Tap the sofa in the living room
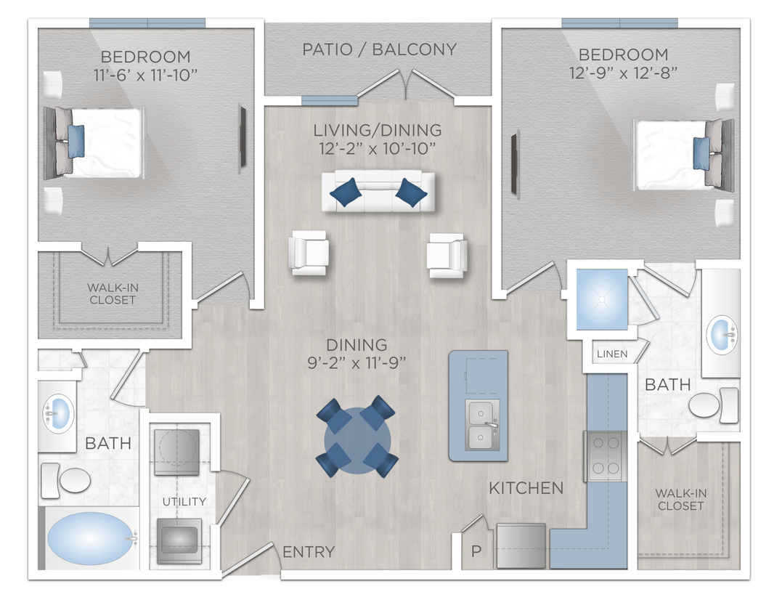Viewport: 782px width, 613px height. click(x=378, y=192)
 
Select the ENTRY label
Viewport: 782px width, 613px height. click(x=309, y=552)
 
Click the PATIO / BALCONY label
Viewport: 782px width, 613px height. click(x=379, y=49)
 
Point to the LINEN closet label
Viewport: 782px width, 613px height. click(x=612, y=354)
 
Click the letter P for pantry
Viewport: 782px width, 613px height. click(x=476, y=551)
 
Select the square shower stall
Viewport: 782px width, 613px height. click(x=601, y=298)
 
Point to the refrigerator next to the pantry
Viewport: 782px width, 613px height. click(x=520, y=545)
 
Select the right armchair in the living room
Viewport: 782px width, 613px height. click(x=447, y=254)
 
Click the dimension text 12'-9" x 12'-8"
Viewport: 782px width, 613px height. click(x=623, y=72)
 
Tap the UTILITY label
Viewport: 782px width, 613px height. click(x=184, y=501)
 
